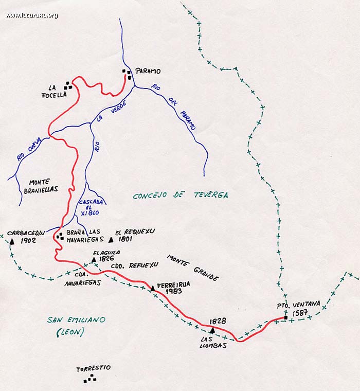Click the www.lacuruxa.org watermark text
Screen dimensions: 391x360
pos(32,15)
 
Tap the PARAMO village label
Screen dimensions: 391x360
pos(148,72)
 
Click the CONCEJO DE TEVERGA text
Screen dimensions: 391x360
pos(180,195)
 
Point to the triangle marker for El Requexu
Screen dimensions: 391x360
pos(111,239)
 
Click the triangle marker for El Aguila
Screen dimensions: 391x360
pos(94,260)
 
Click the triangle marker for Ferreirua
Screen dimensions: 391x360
pos(152,288)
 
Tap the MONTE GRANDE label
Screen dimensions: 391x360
pos(193,268)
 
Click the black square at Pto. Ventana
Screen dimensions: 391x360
pos(285,317)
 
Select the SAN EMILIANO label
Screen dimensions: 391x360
pos(76,320)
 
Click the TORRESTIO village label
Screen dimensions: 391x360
pos(93,368)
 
